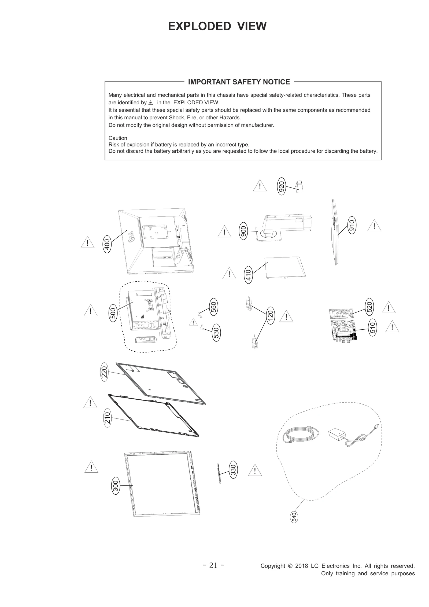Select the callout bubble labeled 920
281,186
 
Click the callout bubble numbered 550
213,307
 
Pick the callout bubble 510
373,327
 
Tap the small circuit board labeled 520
340,313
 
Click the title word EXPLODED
199,26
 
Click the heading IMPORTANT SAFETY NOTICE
239,82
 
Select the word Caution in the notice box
118,138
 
